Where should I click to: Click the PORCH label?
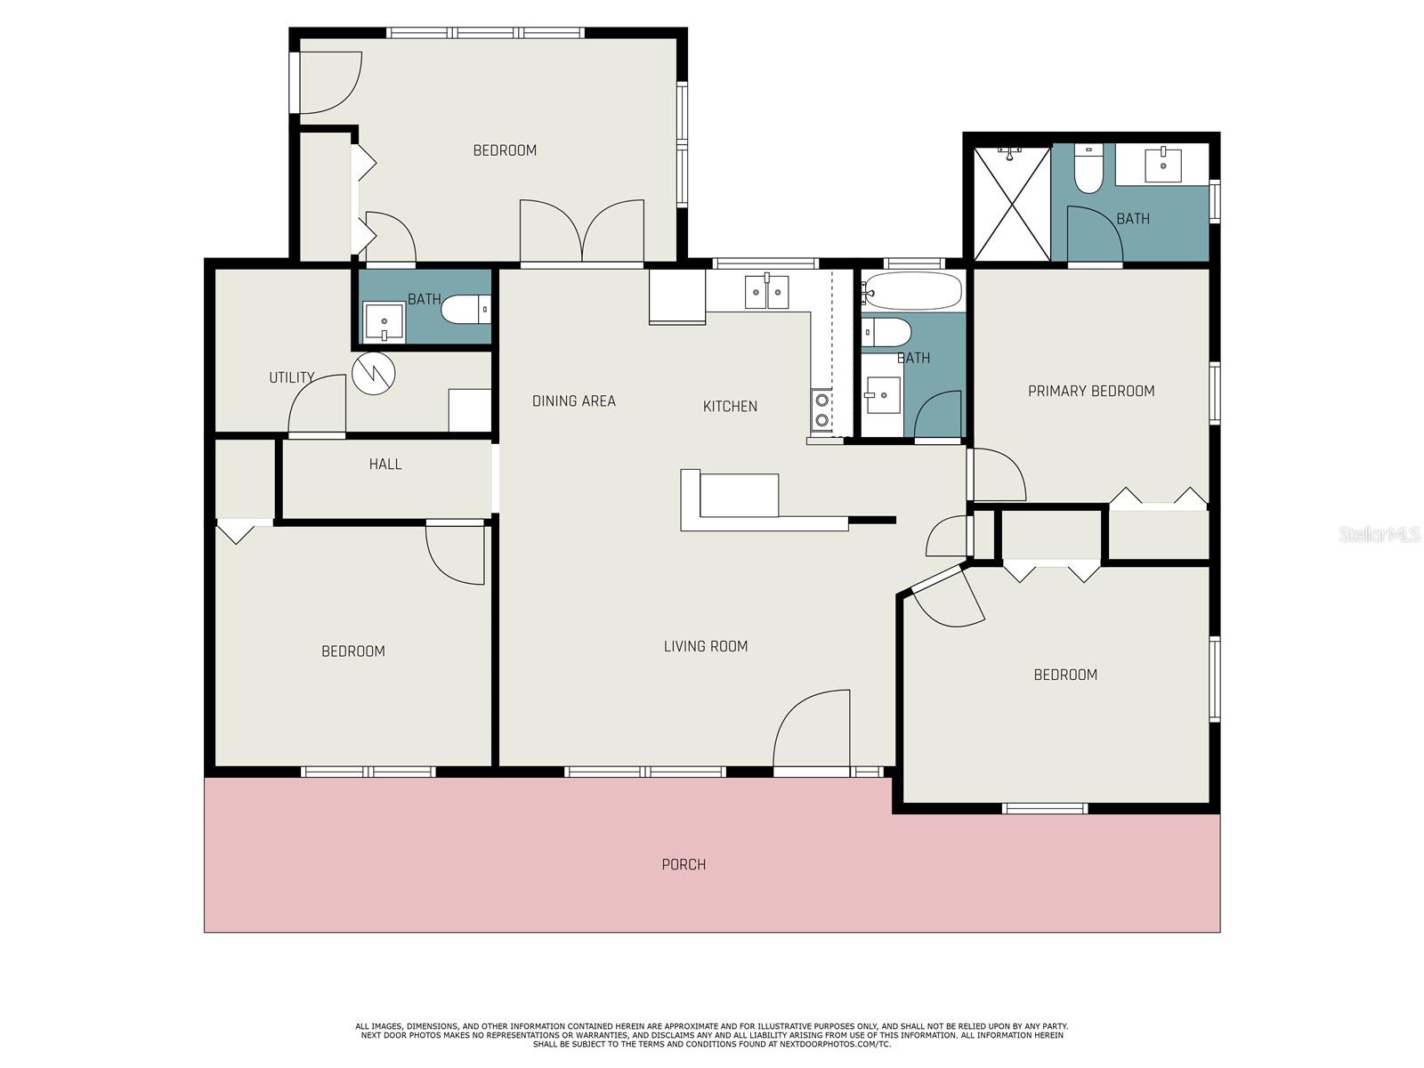point(684,864)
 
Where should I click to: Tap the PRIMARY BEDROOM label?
point(1090,391)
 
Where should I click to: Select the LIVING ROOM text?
point(705,646)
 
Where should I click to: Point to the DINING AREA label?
point(573,400)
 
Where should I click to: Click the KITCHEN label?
point(730,406)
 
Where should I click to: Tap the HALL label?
point(384,464)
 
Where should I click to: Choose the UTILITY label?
point(291,376)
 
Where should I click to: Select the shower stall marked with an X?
point(1012,203)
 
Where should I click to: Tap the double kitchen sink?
point(767,292)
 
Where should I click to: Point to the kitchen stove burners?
point(821,409)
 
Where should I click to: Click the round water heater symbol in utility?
point(374,374)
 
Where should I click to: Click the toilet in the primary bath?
point(1088,168)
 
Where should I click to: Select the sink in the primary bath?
point(1162,166)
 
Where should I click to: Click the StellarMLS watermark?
point(1379,534)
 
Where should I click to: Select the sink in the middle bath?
point(883,395)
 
